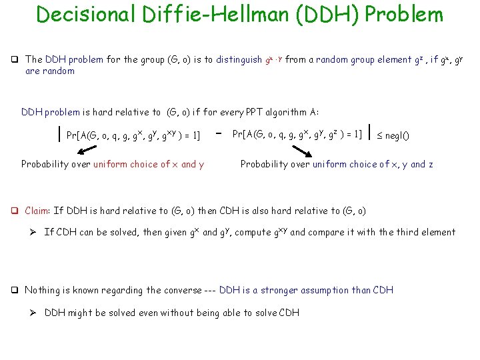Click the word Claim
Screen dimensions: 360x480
(x=37, y=211)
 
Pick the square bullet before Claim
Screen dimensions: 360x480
(x=17, y=211)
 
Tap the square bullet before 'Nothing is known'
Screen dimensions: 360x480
(x=17, y=290)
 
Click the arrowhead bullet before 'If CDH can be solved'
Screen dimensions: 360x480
(x=33, y=233)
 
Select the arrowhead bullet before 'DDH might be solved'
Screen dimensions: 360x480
(x=33, y=313)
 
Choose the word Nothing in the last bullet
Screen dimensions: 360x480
(x=43, y=290)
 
